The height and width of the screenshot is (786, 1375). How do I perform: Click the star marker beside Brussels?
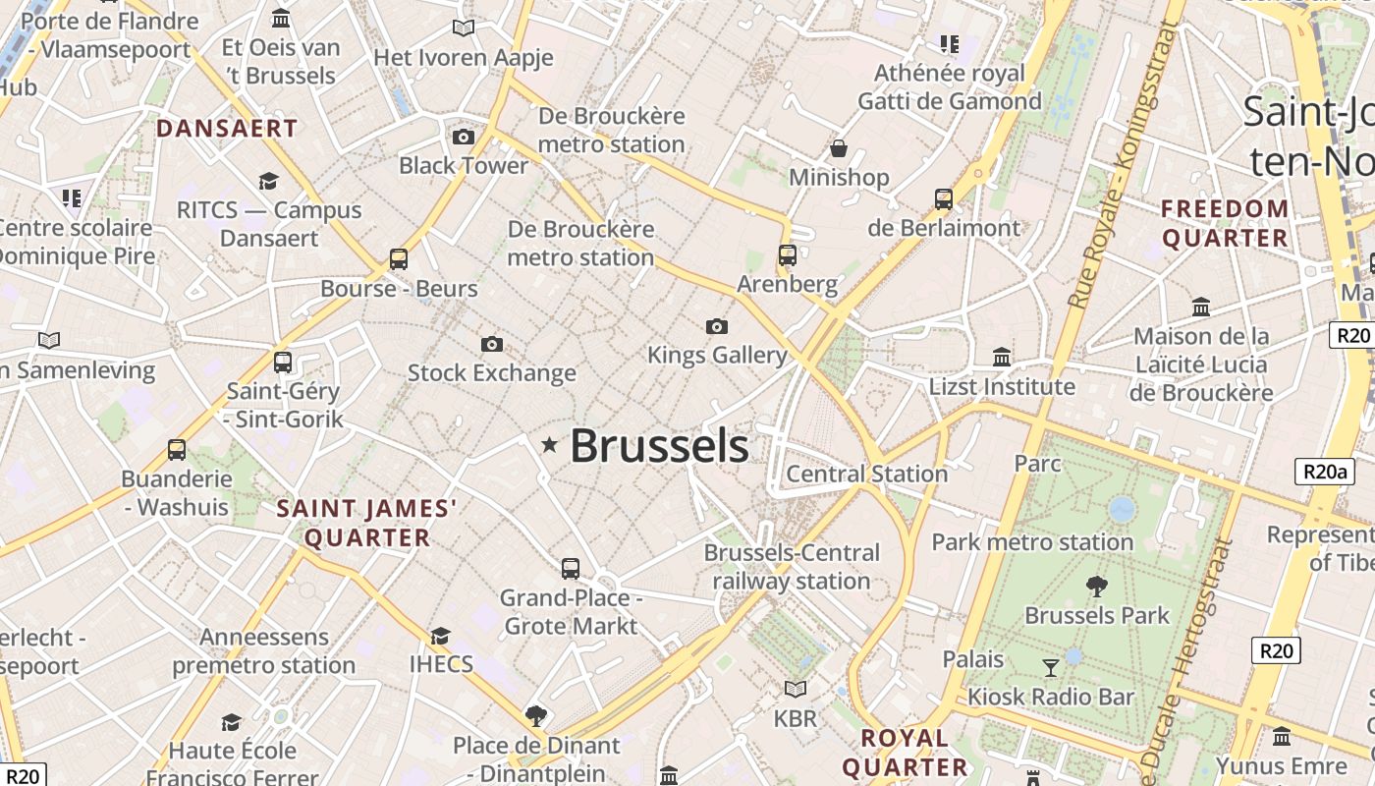(x=549, y=445)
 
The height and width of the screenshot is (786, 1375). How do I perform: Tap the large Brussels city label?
(x=659, y=446)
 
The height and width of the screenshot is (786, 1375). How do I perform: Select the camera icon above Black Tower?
(x=464, y=137)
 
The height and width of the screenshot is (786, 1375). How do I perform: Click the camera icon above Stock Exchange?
(x=492, y=344)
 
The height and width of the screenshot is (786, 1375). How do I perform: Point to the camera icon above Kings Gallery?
(x=717, y=326)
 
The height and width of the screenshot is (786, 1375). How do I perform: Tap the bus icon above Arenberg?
(x=787, y=255)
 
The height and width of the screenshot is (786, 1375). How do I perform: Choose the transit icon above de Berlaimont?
(x=943, y=198)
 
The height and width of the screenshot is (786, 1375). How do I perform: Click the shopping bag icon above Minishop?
(x=838, y=148)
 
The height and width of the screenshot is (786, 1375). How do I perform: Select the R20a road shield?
(x=1323, y=472)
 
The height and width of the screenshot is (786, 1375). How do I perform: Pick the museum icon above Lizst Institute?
(x=1002, y=357)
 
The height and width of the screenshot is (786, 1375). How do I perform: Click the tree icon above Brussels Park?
(x=1097, y=587)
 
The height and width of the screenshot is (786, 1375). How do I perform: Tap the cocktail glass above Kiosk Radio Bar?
(x=1051, y=668)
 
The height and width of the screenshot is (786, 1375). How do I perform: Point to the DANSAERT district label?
(x=227, y=129)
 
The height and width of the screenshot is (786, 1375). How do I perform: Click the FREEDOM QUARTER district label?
(x=1225, y=223)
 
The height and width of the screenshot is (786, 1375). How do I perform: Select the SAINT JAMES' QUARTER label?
(x=367, y=523)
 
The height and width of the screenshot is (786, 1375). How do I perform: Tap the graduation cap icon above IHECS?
(x=440, y=635)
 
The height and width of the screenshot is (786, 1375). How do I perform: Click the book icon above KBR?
(x=795, y=689)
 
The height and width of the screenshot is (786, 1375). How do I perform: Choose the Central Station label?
(x=866, y=474)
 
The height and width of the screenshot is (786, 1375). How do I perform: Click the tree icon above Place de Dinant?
(x=535, y=715)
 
